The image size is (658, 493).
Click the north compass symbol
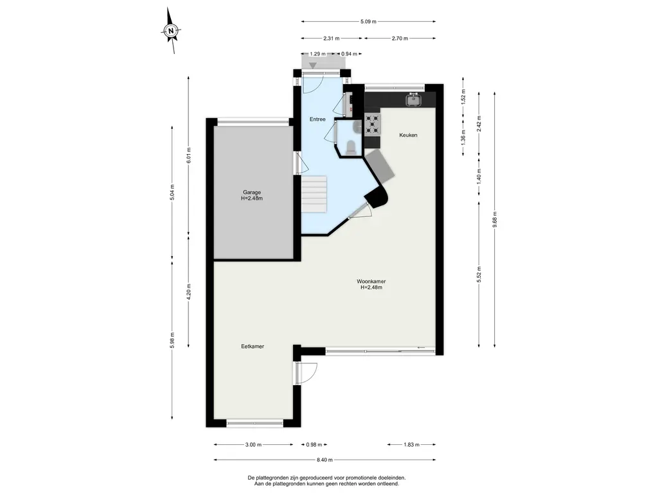point(171,30)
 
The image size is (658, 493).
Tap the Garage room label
point(252,195)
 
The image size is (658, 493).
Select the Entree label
point(317,119)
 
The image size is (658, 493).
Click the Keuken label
point(408,135)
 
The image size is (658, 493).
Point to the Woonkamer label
point(371,284)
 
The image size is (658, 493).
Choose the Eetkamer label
point(253,346)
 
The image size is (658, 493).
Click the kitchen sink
point(414,99)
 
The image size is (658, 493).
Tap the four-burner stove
point(373,125)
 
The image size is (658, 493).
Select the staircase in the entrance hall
point(314,194)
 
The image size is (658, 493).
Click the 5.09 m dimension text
point(368,21)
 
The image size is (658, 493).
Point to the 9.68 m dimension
point(495,220)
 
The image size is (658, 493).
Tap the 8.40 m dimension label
point(325,460)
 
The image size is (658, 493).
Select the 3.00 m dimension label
point(253,445)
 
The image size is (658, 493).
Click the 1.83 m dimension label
point(411,445)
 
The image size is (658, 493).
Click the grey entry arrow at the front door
point(313,65)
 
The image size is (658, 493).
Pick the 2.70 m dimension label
point(400,39)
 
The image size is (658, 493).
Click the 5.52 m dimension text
point(479,275)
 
